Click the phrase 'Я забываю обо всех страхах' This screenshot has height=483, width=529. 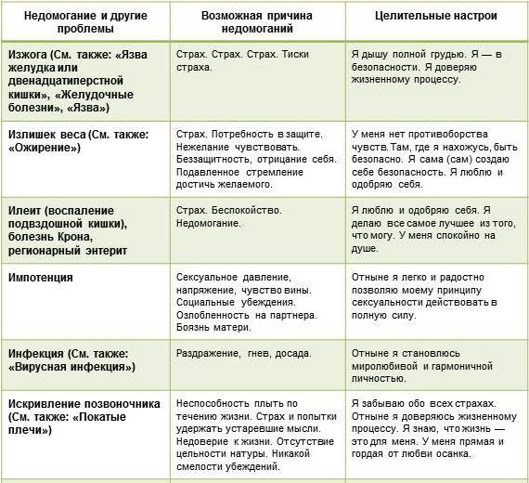pyautogui.click(x=424, y=402)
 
